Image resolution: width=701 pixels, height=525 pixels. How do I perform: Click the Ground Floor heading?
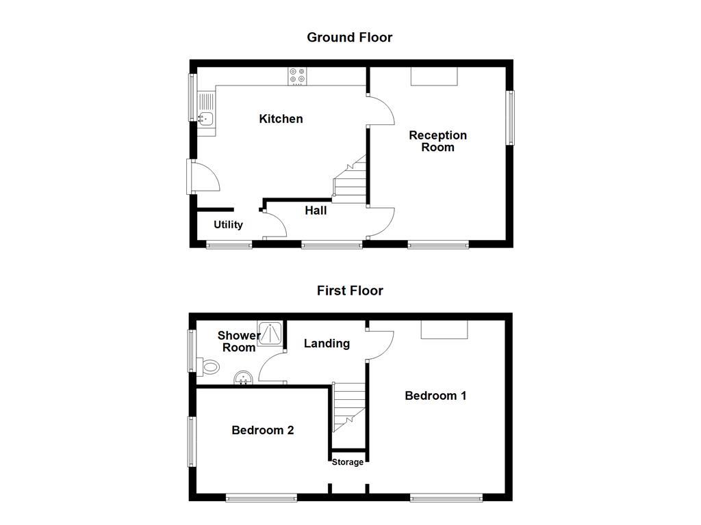click(x=349, y=38)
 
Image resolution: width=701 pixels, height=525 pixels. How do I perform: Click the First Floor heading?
click(x=350, y=291)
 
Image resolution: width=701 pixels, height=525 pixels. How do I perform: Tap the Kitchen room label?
click(x=281, y=119)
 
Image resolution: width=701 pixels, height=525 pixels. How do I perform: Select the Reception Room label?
click(x=437, y=141)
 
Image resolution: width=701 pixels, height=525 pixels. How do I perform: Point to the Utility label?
click(x=228, y=224)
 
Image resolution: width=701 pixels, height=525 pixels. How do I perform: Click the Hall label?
click(x=316, y=211)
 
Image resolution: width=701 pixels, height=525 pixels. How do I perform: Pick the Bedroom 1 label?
click(x=435, y=396)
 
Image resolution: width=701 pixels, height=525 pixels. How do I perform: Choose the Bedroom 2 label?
click(x=263, y=430)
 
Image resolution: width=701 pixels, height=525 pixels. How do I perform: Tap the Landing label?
click(x=327, y=343)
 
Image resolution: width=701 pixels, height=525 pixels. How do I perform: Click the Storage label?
click(x=348, y=462)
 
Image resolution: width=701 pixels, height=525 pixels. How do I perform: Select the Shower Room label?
click(x=239, y=341)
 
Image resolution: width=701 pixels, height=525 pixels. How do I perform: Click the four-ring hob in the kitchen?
click(x=297, y=75)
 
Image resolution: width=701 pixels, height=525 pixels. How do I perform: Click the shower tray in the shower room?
click(x=270, y=333)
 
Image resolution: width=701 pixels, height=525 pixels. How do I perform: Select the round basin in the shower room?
click(x=244, y=378)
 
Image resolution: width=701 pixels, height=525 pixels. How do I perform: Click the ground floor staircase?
click(x=350, y=180)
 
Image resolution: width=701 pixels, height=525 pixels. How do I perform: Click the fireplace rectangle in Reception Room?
click(x=433, y=76)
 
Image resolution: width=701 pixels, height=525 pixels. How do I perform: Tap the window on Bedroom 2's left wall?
click(x=192, y=442)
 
